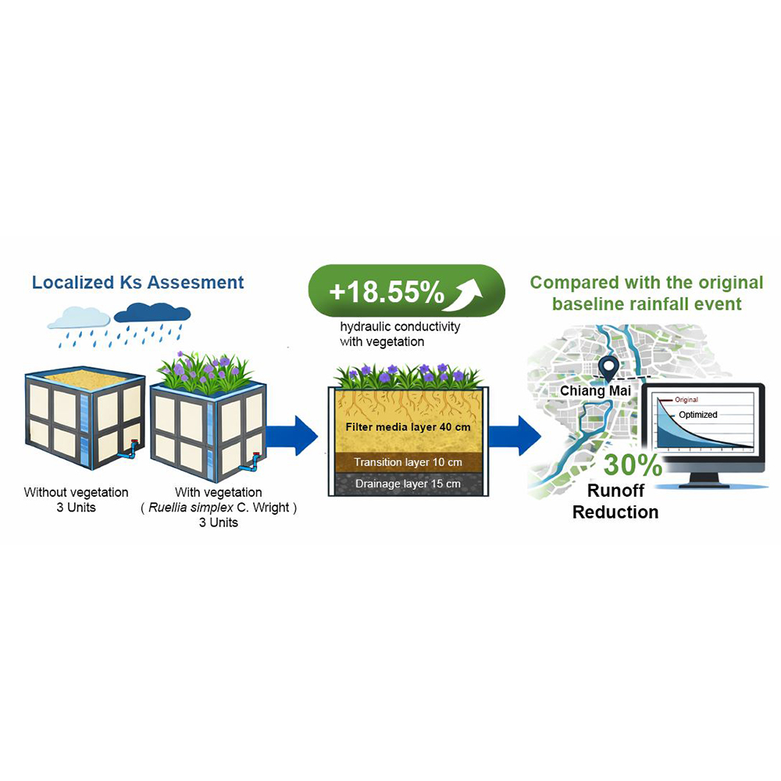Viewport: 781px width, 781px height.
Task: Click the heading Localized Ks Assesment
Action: tap(137, 282)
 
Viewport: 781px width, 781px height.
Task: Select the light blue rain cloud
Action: tap(78, 316)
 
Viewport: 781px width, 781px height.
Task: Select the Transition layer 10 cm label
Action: tap(408, 462)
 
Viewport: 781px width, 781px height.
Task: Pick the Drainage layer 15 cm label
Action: tap(408, 484)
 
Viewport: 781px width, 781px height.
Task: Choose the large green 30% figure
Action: tap(633, 465)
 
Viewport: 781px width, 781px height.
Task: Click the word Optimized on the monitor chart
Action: tap(697, 415)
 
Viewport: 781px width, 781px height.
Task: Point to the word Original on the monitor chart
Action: tap(686, 400)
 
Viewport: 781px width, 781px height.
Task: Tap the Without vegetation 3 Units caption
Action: tap(76, 500)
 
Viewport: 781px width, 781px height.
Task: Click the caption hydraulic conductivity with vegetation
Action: tap(388, 334)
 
